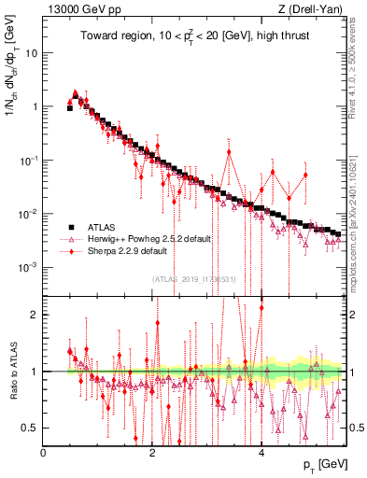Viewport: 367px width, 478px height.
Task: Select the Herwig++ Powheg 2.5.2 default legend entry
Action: tap(148, 239)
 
